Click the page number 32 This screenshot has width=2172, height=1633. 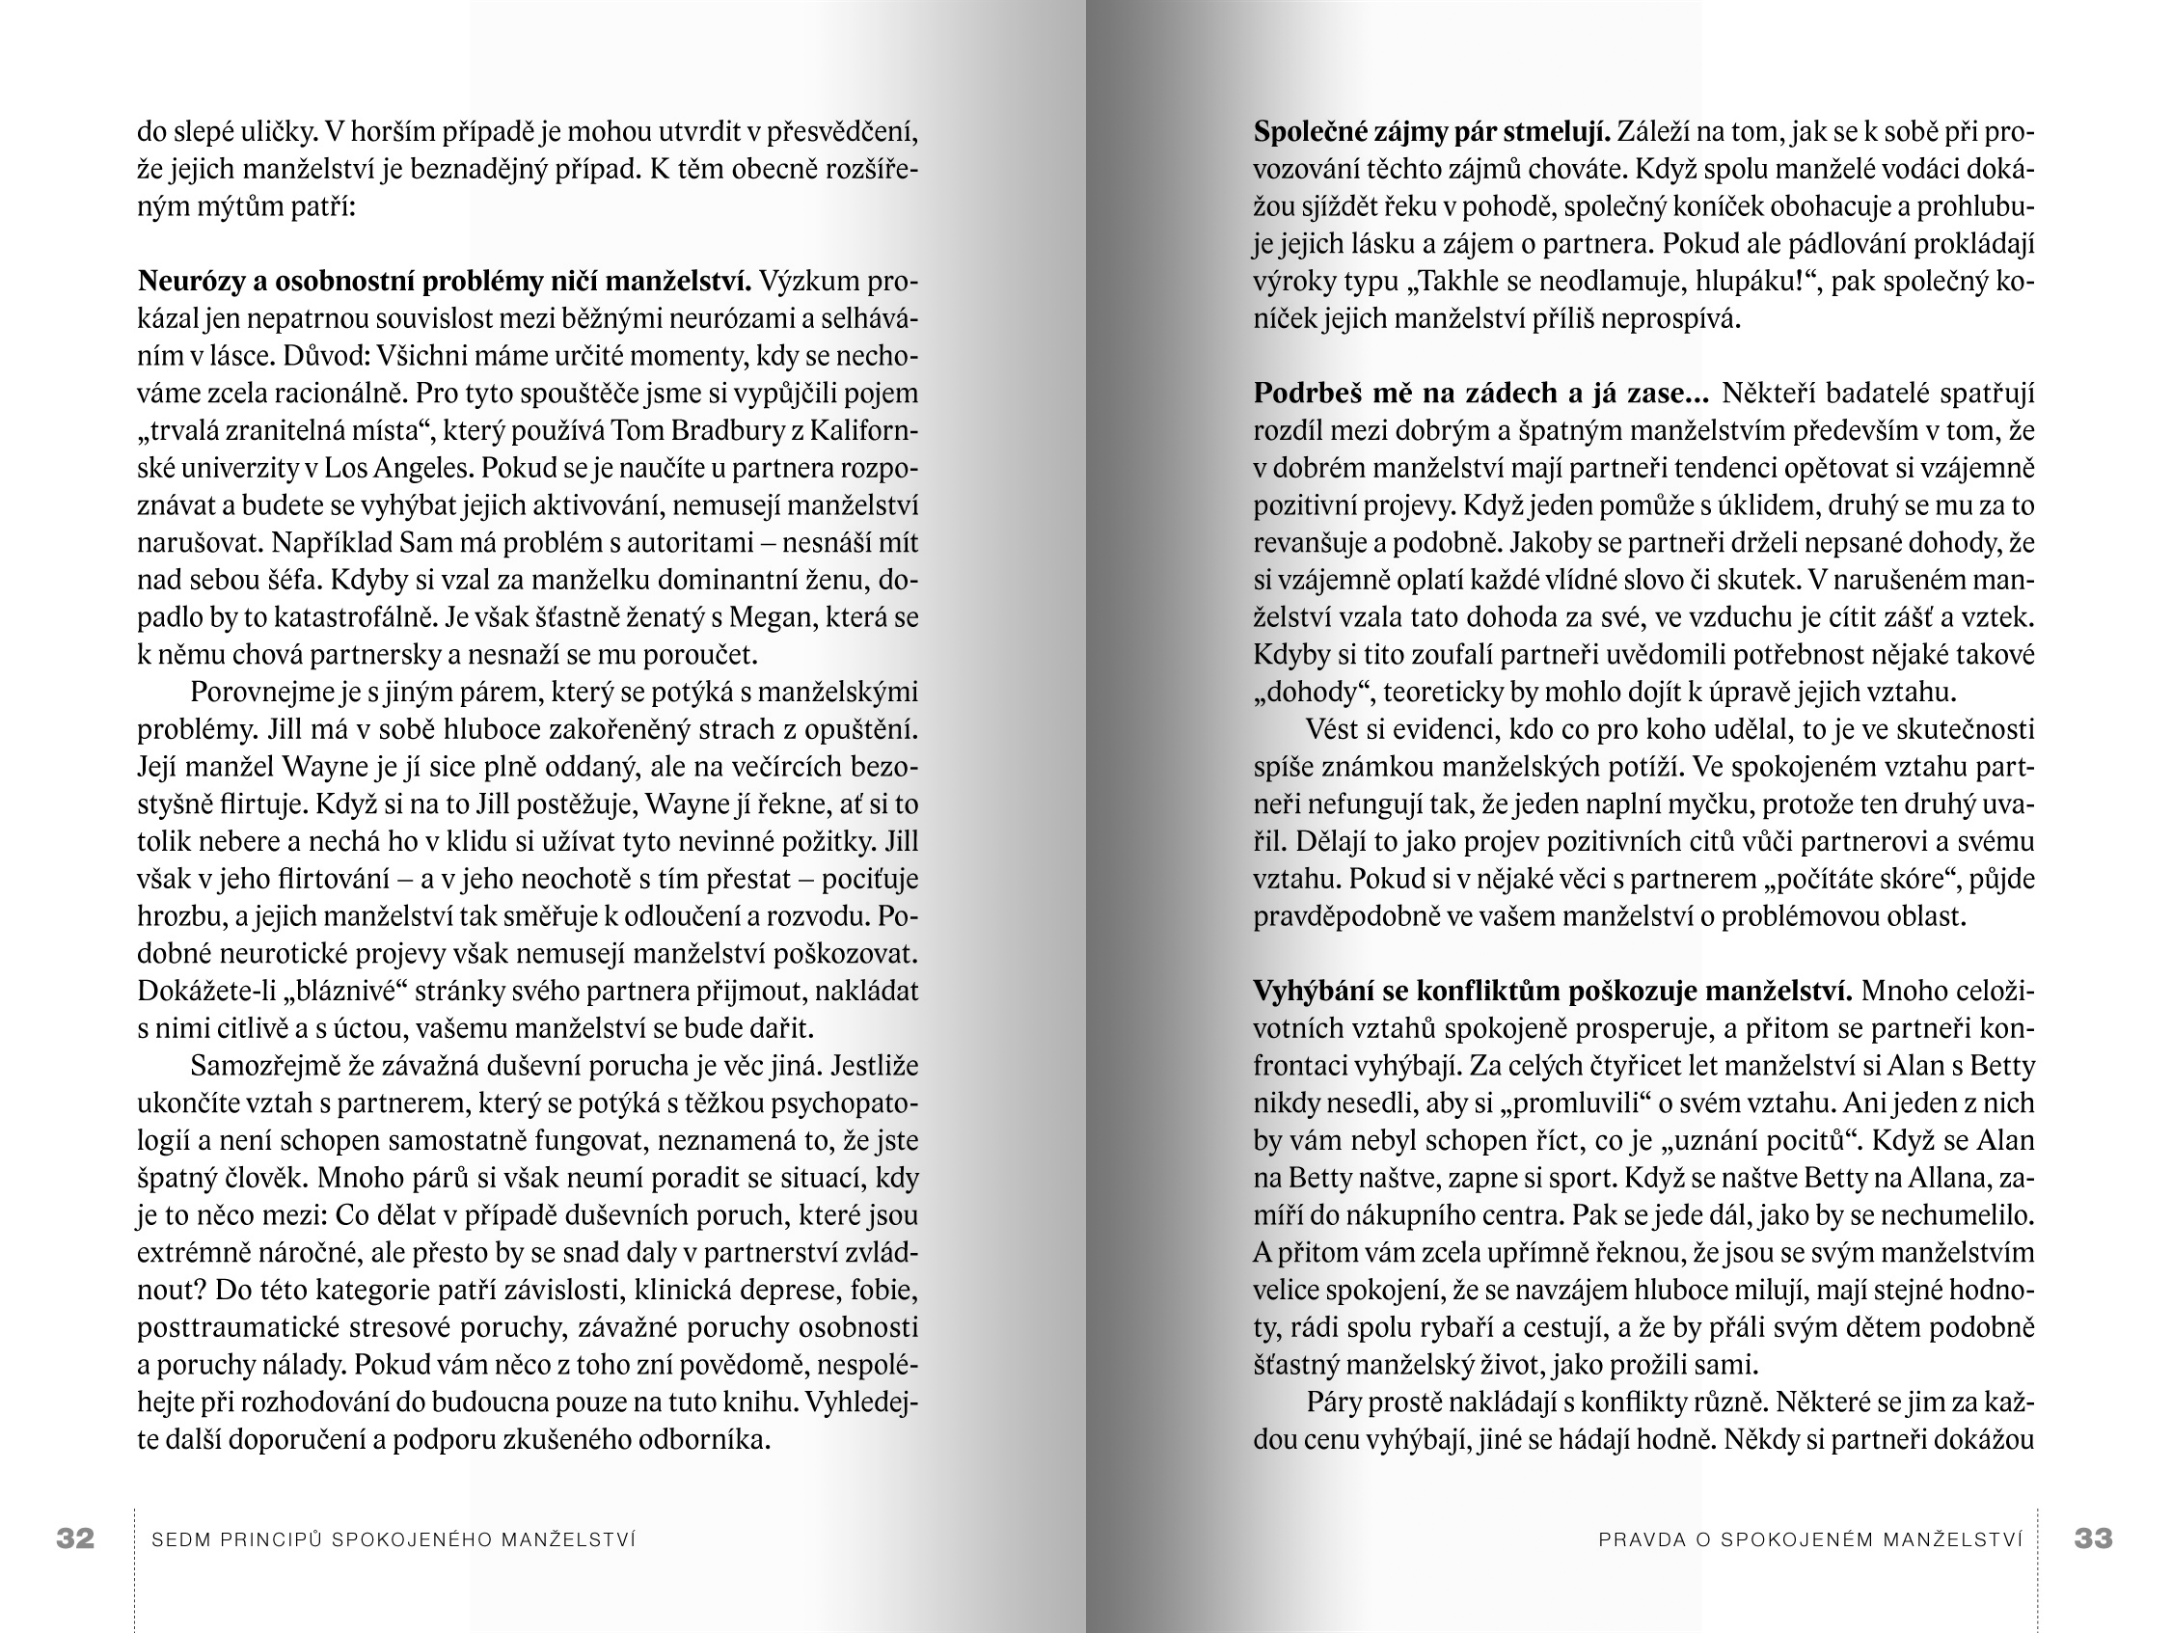click(75, 1538)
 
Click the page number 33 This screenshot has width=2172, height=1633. click(2093, 1538)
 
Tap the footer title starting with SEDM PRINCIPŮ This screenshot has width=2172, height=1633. click(394, 1539)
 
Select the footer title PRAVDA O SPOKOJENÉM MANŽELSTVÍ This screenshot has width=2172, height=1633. click(1810, 1539)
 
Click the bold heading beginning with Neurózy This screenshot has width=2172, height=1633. click(444, 282)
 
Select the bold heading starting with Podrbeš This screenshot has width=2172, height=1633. click(1480, 394)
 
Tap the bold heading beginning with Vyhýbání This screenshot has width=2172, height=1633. click(1552, 992)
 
